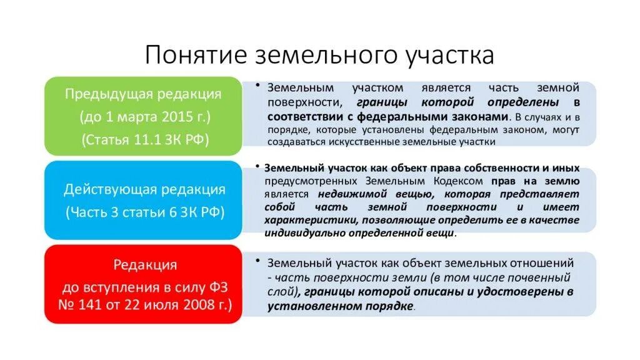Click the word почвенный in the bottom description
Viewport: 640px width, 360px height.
click(x=545, y=277)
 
